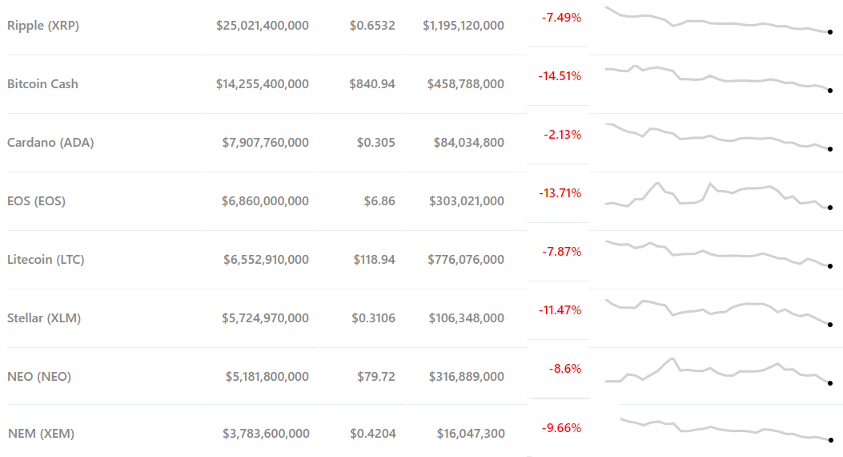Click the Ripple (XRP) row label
coord(43,26)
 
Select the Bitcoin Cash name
coord(42,84)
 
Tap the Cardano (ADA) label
coord(50,143)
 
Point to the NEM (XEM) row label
coord(41,434)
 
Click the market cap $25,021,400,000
coord(263,26)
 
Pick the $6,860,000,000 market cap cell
coord(265,201)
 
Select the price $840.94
coord(373,84)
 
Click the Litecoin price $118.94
coord(374,260)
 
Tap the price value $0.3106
coord(373,318)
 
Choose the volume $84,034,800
coord(469,143)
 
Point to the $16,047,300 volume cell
coord(471,434)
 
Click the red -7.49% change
coord(561,18)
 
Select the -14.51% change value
coord(560,76)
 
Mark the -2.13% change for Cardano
coord(562,135)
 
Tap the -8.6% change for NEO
coord(565,369)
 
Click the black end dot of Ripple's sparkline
coord(830,32)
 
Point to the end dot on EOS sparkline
coord(830,208)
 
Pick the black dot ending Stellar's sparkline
coord(830,325)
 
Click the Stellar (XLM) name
coord(44,318)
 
